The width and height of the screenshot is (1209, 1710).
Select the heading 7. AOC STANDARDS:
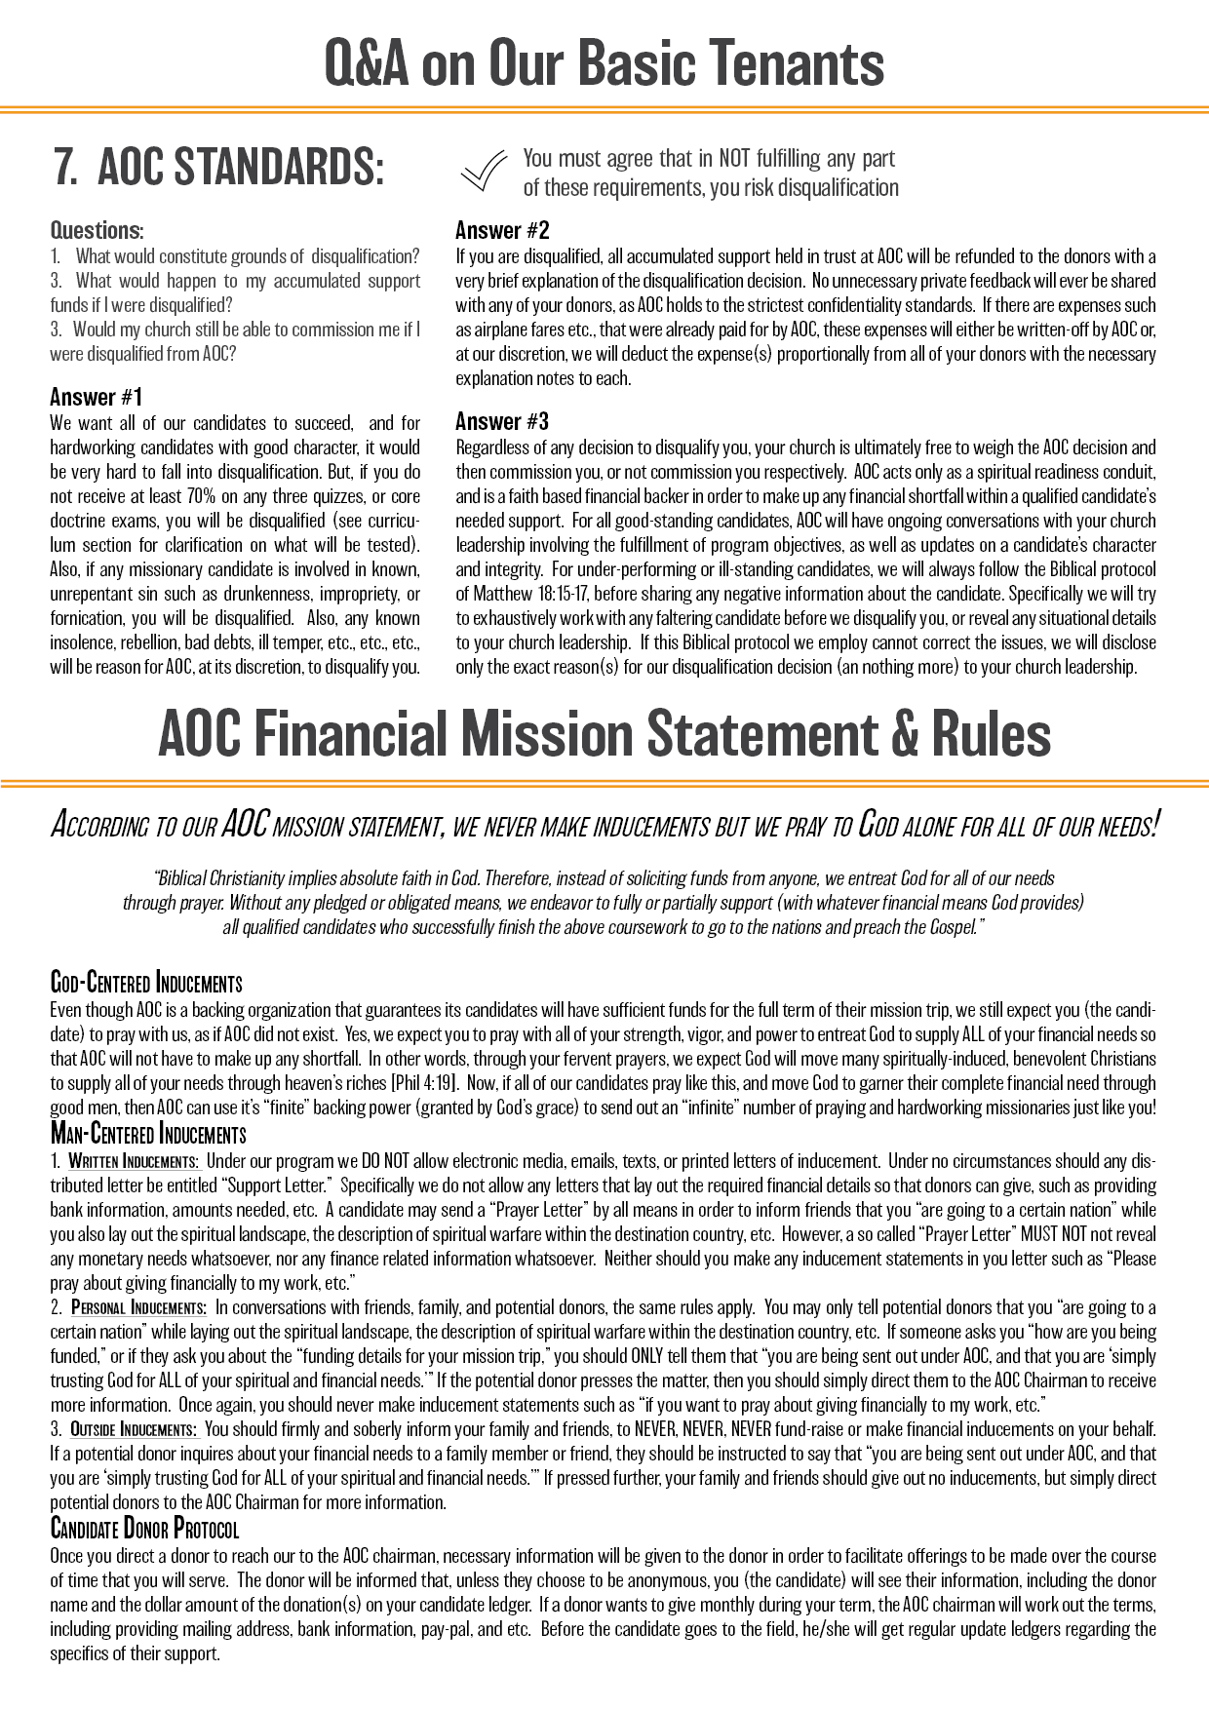(x=219, y=167)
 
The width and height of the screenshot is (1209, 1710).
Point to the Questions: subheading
(x=97, y=231)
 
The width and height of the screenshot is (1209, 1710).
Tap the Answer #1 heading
(x=97, y=397)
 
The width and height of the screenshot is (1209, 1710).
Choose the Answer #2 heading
(x=502, y=231)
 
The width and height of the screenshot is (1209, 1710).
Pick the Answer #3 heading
(x=502, y=421)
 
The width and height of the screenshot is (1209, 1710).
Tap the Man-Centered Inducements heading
(x=148, y=1134)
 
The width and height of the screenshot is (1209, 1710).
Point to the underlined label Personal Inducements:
(x=138, y=1307)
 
